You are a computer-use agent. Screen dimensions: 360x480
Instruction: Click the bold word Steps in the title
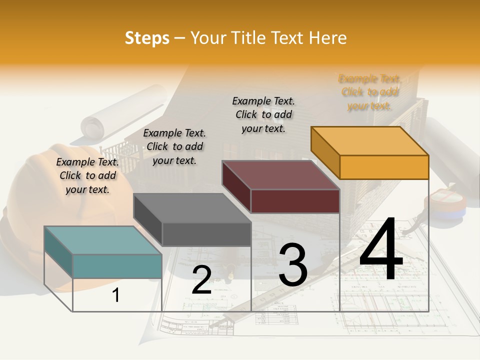click(x=147, y=38)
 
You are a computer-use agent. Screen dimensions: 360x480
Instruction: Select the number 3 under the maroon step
click(x=293, y=264)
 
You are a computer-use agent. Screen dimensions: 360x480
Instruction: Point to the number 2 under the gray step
click(x=201, y=280)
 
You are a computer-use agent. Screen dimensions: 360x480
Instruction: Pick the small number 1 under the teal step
click(x=116, y=295)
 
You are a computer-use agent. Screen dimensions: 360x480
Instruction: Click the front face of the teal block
click(x=117, y=266)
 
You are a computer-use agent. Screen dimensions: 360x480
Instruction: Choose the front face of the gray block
click(x=206, y=234)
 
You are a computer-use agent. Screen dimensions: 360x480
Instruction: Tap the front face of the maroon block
click(x=295, y=201)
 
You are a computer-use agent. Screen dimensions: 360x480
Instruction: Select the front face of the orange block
click(x=384, y=167)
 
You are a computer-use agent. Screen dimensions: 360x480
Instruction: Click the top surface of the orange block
click(x=369, y=140)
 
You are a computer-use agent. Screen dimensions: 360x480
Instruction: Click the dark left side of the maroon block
click(x=236, y=187)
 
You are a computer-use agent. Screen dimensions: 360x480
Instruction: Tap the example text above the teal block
click(x=87, y=175)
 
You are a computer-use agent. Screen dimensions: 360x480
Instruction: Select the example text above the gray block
click(x=174, y=146)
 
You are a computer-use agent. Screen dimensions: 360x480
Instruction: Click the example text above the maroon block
click(x=263, y=114)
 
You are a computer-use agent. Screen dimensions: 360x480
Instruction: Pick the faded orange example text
click(x=370, y=92)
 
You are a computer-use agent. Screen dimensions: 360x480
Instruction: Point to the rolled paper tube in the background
click(x=125, y=112)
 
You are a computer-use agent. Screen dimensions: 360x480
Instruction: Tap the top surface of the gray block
click(x=192, y=207)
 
